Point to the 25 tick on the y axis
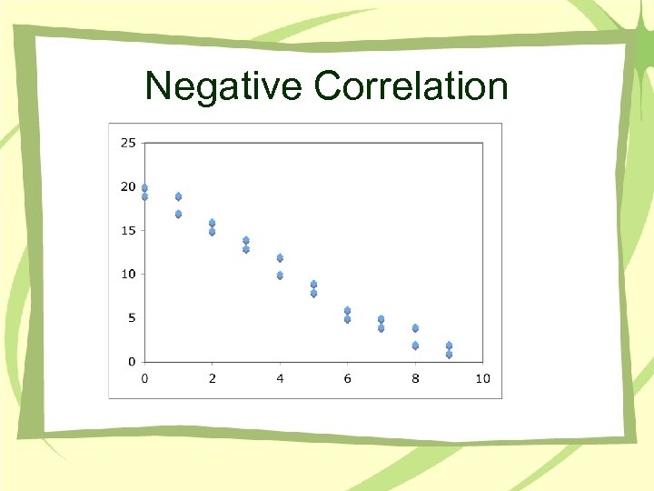point(128,143)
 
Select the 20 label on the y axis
point(128,186)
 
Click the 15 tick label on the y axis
point(128,230)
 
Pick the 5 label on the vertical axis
point(132,317)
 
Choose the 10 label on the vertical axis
point(128,274)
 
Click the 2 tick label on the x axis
point(213,378)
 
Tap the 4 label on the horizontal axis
point(280,378)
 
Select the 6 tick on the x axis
point(347,378)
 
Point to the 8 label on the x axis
point(415,378)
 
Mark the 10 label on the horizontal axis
point(482,378)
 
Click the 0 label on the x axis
point(144,378)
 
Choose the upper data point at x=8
point(415,327)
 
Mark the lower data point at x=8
point(415,345)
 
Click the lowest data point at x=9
point(449,354)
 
